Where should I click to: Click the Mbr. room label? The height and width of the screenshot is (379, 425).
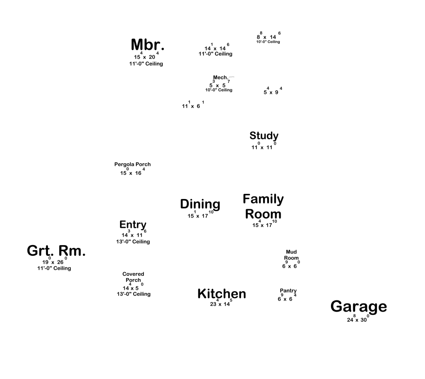coord(148,45)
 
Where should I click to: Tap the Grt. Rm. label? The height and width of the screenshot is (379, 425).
coord(56,251)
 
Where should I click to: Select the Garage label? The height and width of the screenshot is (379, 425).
coord(358,307)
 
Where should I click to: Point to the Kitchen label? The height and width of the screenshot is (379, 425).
coord(222,294)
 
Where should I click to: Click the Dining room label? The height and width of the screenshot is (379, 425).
coord(200,204)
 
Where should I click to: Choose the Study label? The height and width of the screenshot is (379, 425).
coord(264,136)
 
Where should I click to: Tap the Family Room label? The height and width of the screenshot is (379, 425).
coord(263,206)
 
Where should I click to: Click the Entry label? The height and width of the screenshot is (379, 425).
coord(133,225)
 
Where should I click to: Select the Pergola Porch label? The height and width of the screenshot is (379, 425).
coord(133,165)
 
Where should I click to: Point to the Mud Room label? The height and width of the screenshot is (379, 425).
coord(291,255)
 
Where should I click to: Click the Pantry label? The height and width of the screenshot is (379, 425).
coord(288,291)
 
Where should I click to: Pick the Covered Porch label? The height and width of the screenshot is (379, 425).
coord(133,277)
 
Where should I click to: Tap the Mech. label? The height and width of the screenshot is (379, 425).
coord(220,78)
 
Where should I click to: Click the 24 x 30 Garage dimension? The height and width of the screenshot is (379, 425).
coord(358,320)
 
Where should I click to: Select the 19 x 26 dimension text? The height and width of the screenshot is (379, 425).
coord(54,262)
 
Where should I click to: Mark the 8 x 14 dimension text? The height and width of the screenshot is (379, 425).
coord(268,37)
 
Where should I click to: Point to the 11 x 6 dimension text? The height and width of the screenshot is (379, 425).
coord(192,106)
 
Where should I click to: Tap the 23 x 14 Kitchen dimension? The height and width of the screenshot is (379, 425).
coord(221,304)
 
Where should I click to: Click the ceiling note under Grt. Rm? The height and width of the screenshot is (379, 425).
coord(54,268)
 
